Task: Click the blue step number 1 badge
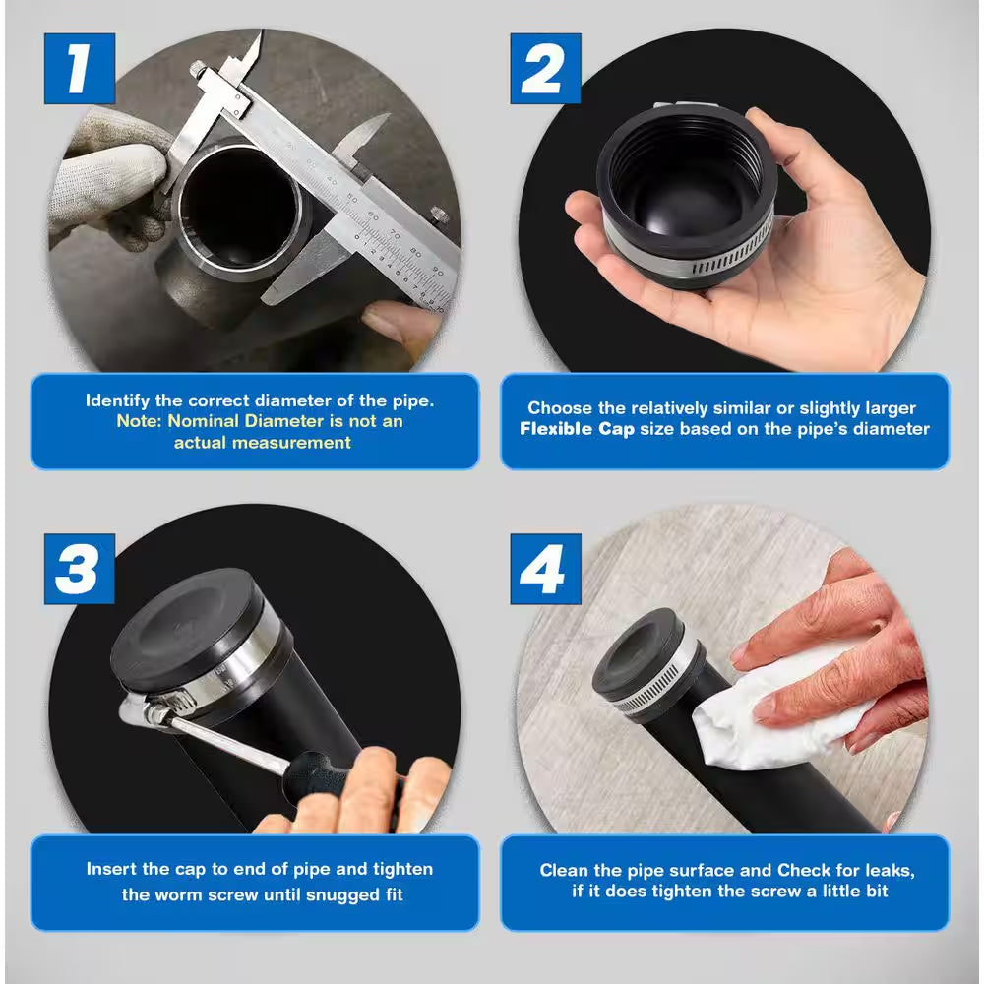[x=80, y=69]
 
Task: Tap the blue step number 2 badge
[x=545, y=69]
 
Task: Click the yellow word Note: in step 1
[x=141, y=421]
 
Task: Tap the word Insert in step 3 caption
[x=111, y=869]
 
